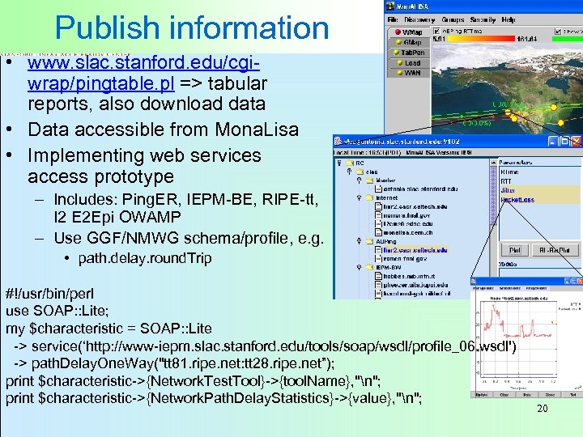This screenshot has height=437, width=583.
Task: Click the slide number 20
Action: point(543,409)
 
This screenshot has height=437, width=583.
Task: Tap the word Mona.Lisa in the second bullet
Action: point(252,129)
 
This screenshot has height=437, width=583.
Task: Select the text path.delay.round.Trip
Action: point(145,259)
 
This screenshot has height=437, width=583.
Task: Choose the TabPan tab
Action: point(412,53)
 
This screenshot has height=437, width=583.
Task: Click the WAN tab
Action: point(412,73)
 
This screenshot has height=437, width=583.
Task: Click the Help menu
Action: point(508,19)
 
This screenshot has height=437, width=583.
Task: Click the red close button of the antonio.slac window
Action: point(576,141)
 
